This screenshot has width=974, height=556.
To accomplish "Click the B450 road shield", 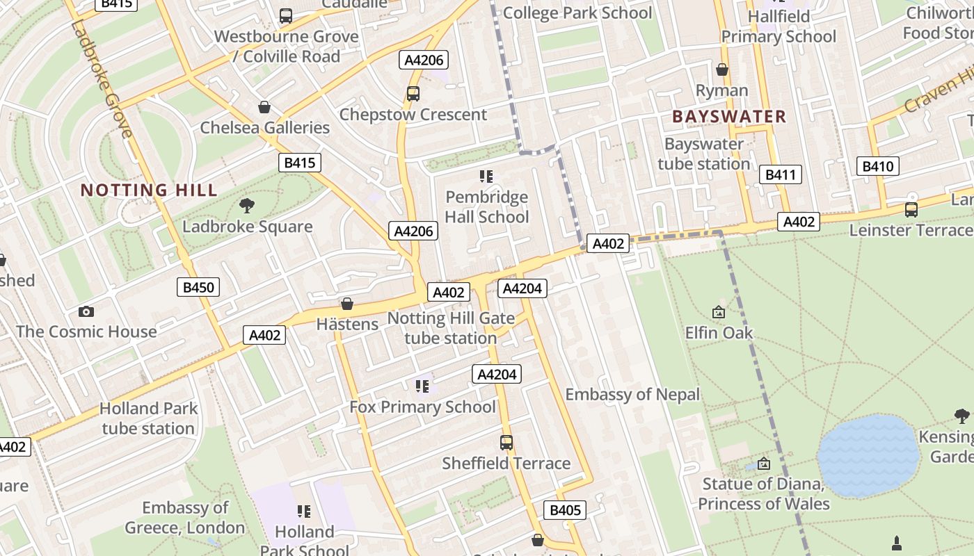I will [x=198, y=287].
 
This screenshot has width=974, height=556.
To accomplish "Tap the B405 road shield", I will [x=565, y=510].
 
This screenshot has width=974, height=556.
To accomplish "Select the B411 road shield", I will [x=781, y=174].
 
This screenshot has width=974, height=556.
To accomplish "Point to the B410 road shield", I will [x=877, y=166].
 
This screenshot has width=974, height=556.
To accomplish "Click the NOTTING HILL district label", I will [x=149, y=190].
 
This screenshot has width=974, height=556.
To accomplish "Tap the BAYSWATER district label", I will [x=729, y=117].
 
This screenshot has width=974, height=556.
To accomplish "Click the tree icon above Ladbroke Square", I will [x=246, y=205].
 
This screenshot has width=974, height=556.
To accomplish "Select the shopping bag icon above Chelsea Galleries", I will [x=264, y=107].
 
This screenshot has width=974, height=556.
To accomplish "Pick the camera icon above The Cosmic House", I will [x=86, y=311].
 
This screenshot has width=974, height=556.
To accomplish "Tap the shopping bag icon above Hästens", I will [x=347, y=304].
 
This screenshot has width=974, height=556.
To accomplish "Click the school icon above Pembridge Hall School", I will [x=486, y=177].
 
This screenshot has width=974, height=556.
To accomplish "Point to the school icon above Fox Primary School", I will [x=422, y=386].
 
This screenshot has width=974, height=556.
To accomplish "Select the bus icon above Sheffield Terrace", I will [x=506, y=442].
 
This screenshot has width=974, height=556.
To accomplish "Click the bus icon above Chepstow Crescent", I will [x=413, y=93].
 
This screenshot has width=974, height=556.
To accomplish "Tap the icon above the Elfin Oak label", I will [x=719, y=313].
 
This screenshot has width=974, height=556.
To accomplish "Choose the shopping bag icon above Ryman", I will [x=722, y=69].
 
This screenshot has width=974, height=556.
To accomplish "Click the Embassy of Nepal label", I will [x=632, y=395].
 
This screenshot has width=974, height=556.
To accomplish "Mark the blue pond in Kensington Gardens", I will [x=868, y=455].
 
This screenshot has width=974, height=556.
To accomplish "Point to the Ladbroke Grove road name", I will [x=101, y=79].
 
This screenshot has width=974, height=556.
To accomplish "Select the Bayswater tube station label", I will [x=704, y=154].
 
